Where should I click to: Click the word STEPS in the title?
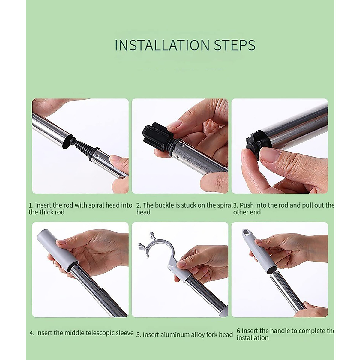[235, 45]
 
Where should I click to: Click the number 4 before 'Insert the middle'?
[31, 333]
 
